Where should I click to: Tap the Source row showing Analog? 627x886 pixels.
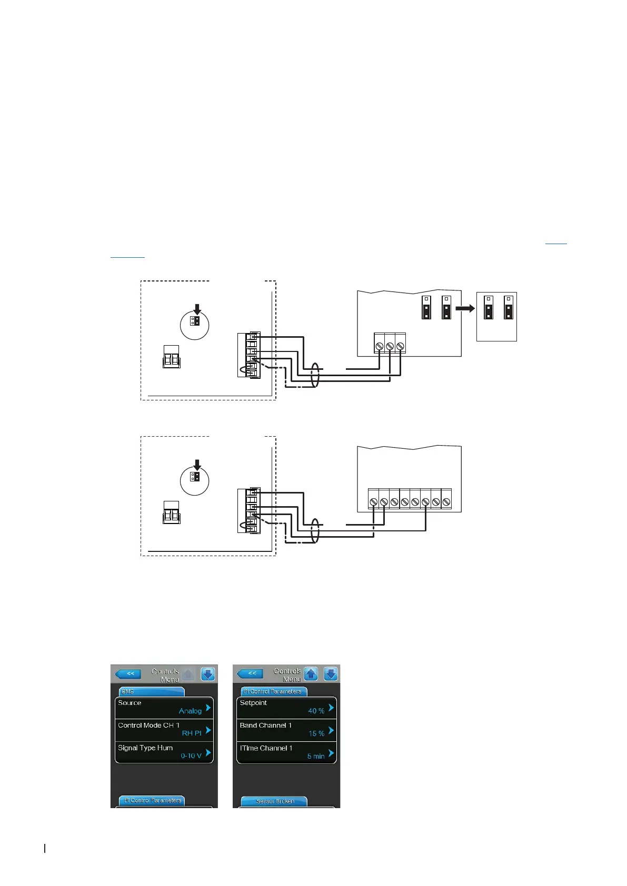164,707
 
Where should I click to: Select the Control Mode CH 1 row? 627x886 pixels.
164,730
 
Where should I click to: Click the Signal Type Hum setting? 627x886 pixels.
164,752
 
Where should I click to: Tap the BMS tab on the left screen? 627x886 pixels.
151,691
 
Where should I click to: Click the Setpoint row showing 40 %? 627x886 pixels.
286,707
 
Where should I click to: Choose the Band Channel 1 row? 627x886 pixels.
286,730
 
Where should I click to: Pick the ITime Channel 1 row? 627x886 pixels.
286,752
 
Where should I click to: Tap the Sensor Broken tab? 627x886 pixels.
274,801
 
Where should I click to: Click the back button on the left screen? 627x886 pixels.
128,673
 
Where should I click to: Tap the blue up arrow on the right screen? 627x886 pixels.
311,673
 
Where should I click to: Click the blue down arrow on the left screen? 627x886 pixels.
208,674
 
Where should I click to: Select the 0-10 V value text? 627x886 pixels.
191,756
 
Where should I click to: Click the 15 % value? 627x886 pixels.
316,733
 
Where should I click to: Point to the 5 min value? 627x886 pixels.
316,756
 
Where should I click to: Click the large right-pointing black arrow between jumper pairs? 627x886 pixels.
465,308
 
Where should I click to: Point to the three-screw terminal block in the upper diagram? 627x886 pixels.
390,345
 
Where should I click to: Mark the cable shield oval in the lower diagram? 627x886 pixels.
315,530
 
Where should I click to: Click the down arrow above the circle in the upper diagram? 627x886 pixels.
197,309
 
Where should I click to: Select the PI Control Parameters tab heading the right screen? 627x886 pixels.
273,691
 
